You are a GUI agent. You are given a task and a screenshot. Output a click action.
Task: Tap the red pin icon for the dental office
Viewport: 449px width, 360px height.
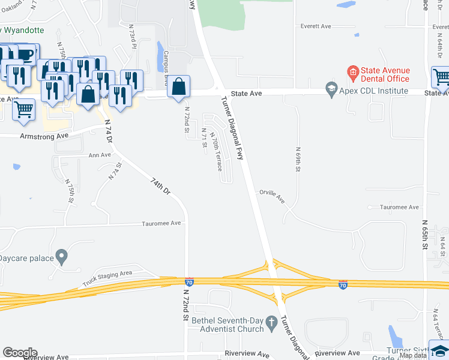tap(354, 74)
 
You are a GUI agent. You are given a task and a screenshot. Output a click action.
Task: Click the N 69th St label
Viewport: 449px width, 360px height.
tap(297, 160)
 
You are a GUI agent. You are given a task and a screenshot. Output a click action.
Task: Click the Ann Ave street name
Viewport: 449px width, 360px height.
tap(100, 155)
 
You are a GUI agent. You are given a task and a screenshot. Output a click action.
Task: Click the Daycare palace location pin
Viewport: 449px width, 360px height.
tap(61, 257)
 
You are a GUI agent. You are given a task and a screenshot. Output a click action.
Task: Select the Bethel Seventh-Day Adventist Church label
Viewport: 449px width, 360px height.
tap(228, 325)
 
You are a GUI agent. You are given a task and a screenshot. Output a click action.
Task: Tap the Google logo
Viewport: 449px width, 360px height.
tap(20, 353)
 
